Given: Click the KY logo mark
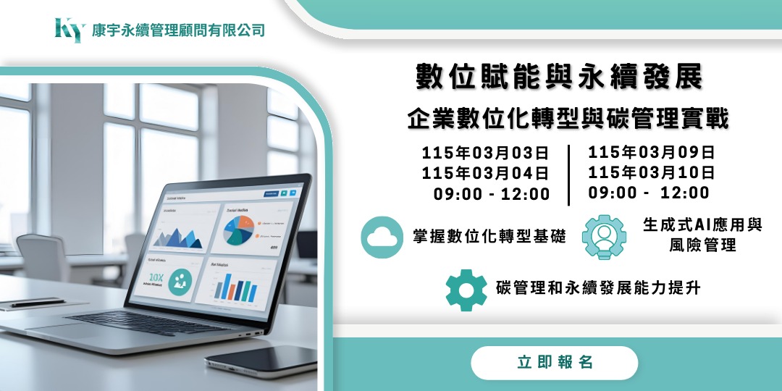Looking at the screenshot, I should (70, 30).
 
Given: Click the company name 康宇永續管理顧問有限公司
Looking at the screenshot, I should (178, 30).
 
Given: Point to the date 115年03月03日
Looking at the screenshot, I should (485, 154).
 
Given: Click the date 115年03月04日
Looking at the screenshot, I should (485, 174).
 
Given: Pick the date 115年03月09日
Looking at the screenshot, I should (652, 153).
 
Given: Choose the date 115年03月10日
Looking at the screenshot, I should (652, 173).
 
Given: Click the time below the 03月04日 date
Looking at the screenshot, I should (492, 194).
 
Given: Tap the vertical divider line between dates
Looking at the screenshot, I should (568, 175).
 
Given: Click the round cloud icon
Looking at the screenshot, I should (382, 237).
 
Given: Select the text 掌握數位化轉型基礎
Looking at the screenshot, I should (489, 237).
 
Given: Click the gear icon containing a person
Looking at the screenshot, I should (604, 237).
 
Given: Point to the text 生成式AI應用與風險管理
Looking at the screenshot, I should (702, 235).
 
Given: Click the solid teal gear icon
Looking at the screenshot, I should (466, 289).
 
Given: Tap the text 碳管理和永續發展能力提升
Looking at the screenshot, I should (598, 288).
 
